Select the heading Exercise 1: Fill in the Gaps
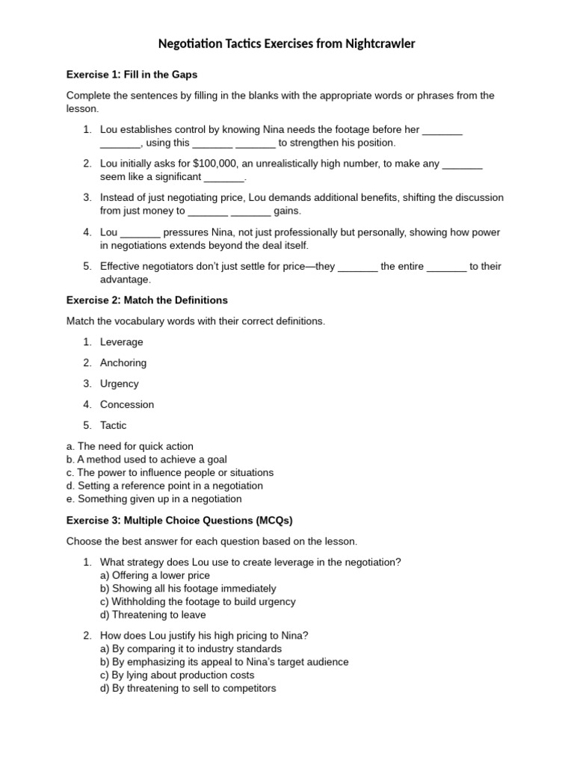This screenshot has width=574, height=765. pyautogui.click(x=132, y=75)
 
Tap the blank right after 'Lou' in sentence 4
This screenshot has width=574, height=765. pyautogui.click(x=141, y=232)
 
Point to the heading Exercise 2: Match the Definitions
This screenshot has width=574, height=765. pyautogui.click(x=147, y=300)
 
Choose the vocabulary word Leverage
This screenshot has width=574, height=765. pyautogui.click(x=122, y=342)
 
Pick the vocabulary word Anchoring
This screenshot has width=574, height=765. pyautogui.click(x=123, y=363)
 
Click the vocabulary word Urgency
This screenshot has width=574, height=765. pyautogui.click(x=120, y=384)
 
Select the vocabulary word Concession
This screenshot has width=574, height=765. pyautogui.click(x=127, y=405)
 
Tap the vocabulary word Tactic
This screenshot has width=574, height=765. pyautogui.click(x=114, y=426)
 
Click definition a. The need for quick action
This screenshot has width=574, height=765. pyautogui.click(x=130, y=446)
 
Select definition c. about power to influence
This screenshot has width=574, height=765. pyautogui.click(x=170, y=473)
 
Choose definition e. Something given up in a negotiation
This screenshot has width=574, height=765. pyautogui.click(x=154, y=499)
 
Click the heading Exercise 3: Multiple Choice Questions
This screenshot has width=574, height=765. pyautogui.click(x=179, y=520)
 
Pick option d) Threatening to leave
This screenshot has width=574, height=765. pyautogui.click(x=153, y=615)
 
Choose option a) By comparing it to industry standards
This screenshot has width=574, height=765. pyautogui.click(x=191, y=648)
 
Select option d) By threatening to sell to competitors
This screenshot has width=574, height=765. pyautogui.click(x=188, y=688)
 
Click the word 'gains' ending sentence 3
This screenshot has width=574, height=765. pyautogui.click(x=286, y=211)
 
